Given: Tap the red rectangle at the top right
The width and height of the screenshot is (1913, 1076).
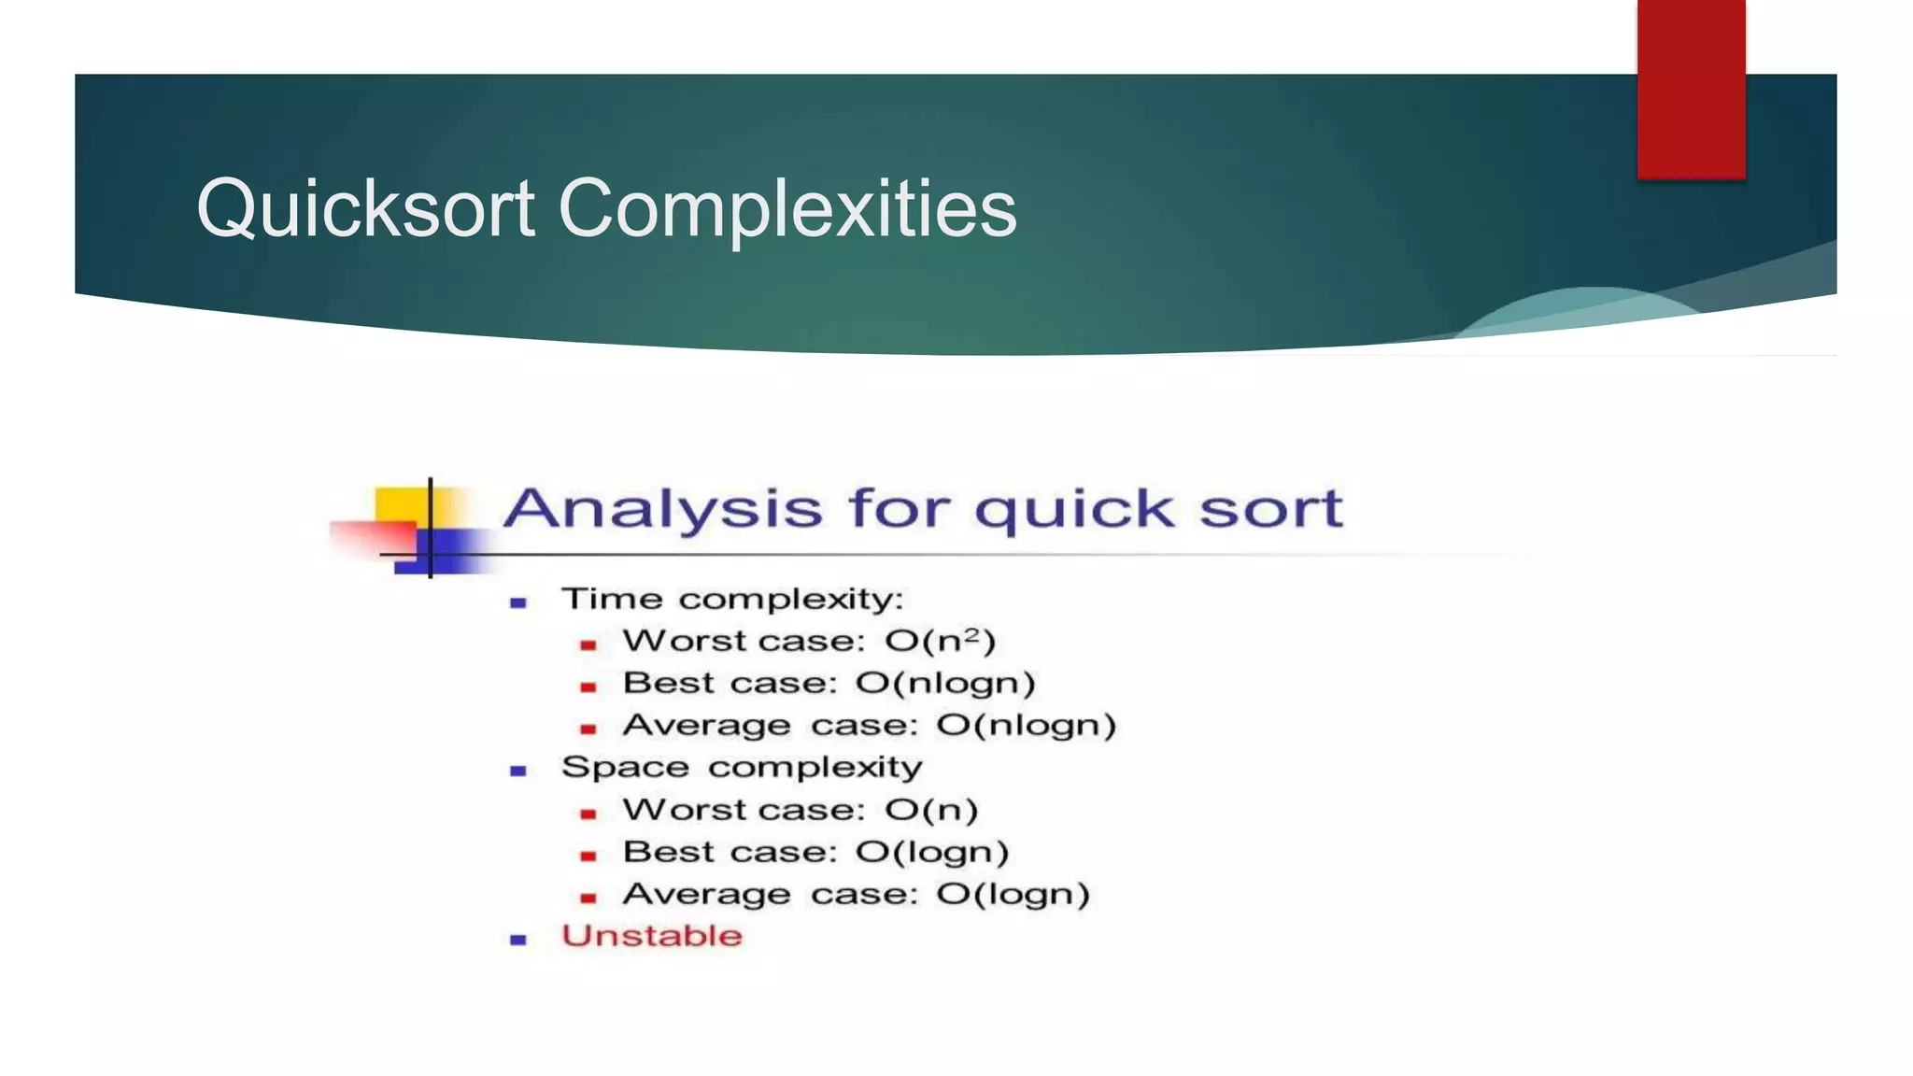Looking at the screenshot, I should pos(1691,89).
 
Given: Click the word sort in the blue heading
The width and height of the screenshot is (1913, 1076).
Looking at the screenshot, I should pos(1270,510).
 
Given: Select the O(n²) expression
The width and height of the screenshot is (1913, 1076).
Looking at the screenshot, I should pos(941,641).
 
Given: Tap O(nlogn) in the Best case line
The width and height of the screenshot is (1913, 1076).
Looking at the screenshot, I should pos(945,684).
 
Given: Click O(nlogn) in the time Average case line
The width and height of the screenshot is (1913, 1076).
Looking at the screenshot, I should pos(1026,726).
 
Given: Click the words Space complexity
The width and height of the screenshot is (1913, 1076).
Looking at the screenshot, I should pos(742,768).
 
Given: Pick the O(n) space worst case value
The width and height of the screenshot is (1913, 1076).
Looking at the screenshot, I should pos(931,810).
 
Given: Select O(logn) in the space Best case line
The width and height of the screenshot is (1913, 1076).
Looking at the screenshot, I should pos(932,852).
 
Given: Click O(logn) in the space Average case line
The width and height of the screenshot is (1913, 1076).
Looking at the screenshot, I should pos(1013,894).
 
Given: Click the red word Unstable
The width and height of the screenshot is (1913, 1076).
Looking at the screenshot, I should pos(652,936).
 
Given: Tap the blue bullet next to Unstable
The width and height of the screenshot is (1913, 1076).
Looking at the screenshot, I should pos(518,940).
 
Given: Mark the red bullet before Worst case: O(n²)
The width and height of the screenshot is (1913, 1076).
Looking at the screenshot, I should pos(588,644).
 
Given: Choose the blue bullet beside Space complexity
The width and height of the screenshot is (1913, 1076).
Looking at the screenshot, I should pos(518,771).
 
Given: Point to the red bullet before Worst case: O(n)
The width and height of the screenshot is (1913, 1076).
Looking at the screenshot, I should pos(588,814).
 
